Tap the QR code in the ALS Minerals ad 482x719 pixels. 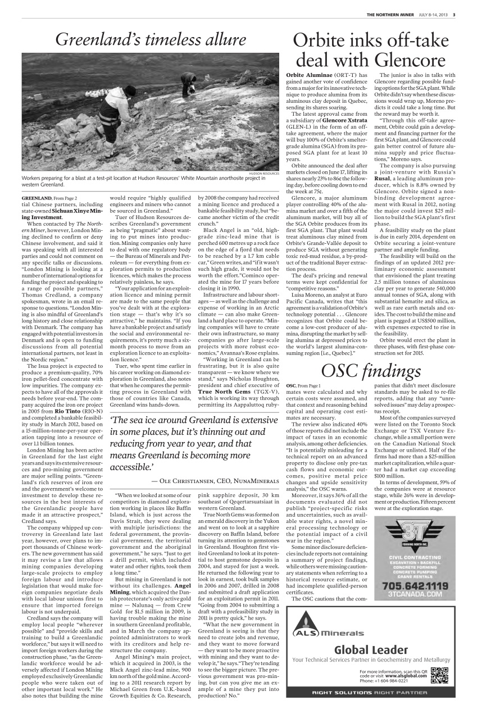click(x=439, y=674)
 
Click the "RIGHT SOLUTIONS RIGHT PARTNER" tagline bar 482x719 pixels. click(x=371, y=693)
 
